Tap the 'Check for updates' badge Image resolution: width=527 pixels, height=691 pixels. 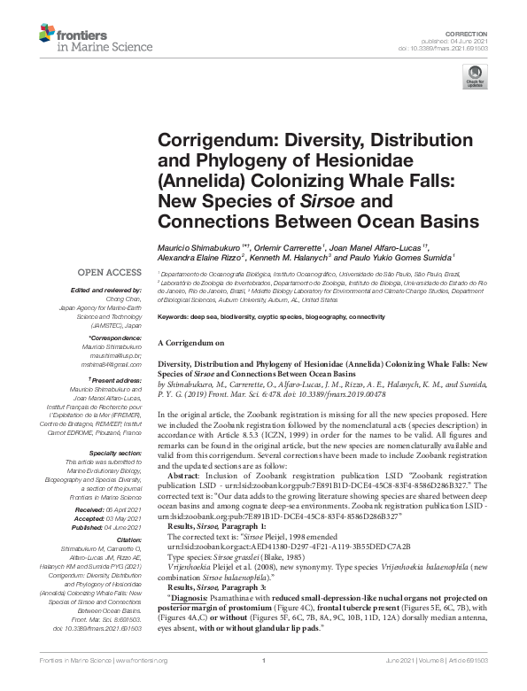tap(476, 82)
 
